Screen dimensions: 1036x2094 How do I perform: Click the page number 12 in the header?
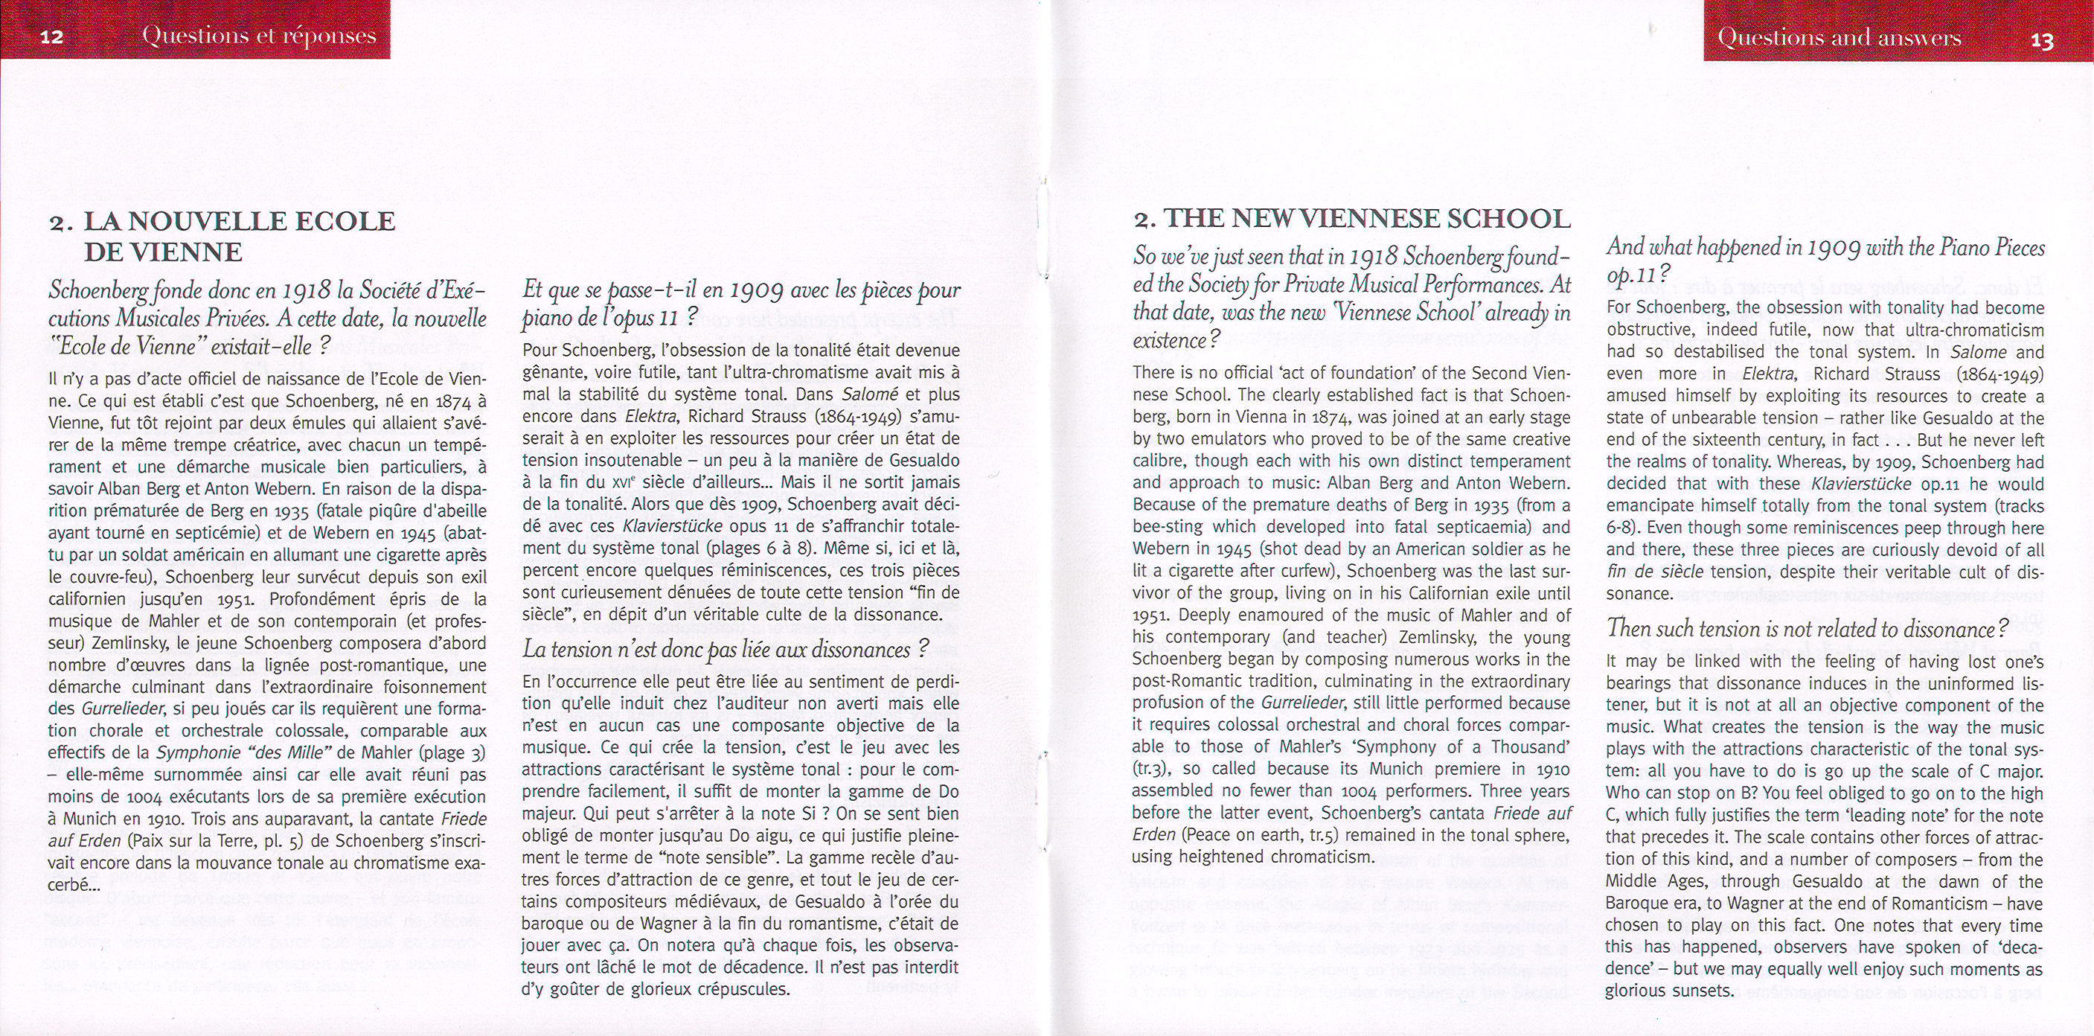click(x=51, y=37)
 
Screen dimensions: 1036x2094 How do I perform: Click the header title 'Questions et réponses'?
click(x=258, y=36)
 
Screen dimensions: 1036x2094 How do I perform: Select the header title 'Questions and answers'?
click(x=1839, y=38)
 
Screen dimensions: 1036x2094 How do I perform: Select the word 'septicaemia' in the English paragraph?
click(x=1496, y=527)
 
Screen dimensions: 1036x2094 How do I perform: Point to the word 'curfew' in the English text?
click(x=1294, y=572)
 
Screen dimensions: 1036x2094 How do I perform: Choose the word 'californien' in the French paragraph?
click(x=87, y=599)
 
